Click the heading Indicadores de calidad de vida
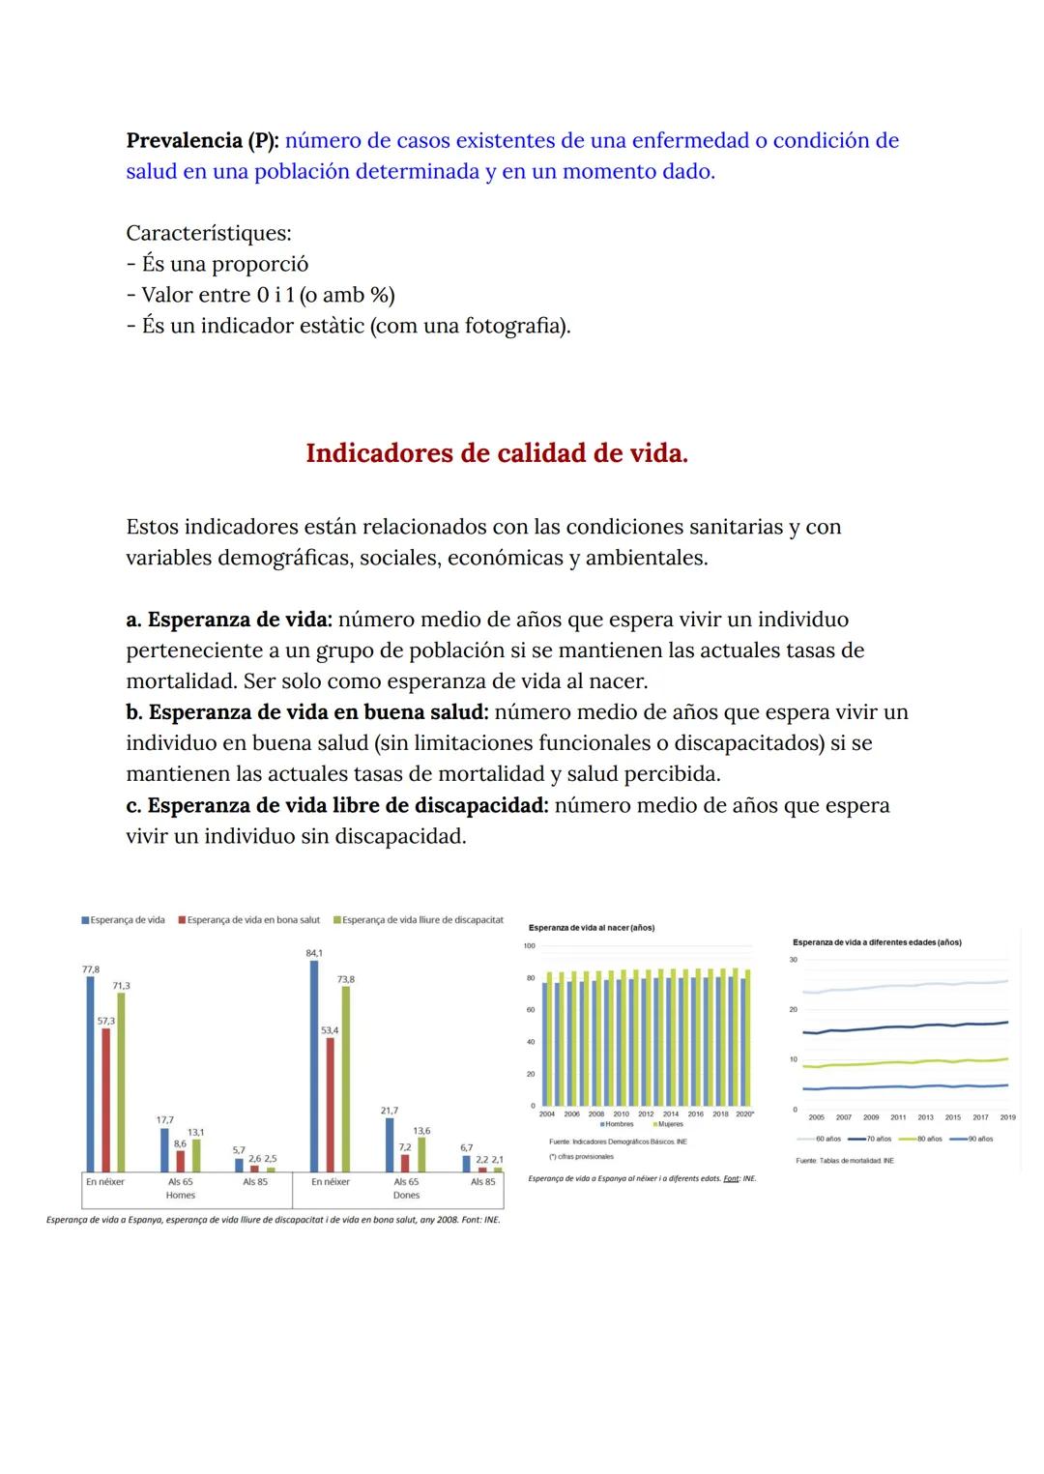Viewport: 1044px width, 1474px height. point(497,453)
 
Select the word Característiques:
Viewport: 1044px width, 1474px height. point(208,233)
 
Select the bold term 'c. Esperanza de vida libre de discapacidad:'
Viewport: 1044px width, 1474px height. point(336,805)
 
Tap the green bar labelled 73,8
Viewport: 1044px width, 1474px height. point(345,1078)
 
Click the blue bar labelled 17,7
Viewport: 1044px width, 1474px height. point(164,1149)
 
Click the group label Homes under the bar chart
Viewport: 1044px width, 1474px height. point(180,1196)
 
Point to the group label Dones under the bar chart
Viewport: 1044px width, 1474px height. point(406,1196)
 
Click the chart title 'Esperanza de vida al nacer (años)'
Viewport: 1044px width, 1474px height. point(592,928)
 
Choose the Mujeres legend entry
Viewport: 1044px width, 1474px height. point(669,1124)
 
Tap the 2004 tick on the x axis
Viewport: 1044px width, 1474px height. point(547,1114)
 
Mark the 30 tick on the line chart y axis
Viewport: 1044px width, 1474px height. point(794,960)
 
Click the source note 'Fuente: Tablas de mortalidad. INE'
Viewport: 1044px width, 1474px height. point(845,1160)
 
